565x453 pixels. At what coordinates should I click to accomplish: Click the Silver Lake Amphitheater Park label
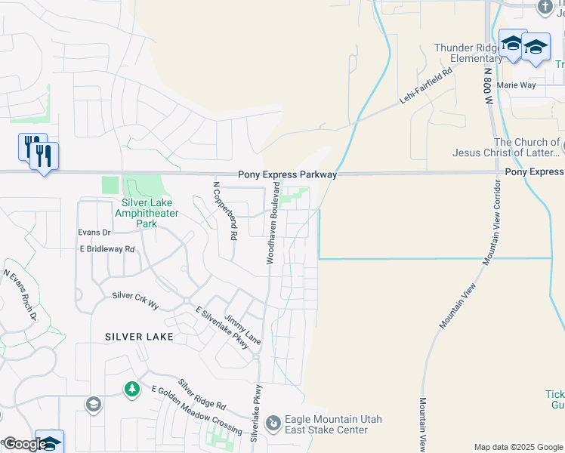(x=147, y=213)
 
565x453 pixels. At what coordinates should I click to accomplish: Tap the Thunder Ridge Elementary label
(x=467, y=53)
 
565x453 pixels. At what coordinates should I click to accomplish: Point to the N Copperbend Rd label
(x=224, y=211)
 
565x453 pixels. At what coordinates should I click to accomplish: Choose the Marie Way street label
(x=517, y=85)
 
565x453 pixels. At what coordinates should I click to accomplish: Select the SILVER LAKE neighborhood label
(x=139, y=336)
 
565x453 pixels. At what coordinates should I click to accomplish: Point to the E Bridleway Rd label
(x=107, y=248)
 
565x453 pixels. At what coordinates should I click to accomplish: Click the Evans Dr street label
(x=94, y=233)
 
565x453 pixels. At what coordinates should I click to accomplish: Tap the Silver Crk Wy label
(x=135, y=300)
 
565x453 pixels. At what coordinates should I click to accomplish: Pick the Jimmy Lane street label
(x=242, y=331)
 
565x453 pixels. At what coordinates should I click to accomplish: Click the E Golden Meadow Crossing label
(x=196, y=411)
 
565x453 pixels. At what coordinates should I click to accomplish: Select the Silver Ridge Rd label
(x=202, y=394)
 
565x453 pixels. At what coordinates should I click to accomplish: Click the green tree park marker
(x=132, y=390)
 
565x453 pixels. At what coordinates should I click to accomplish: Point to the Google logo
(x=23, y=444)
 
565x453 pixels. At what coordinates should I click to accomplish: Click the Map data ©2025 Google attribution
(x=517, y=447)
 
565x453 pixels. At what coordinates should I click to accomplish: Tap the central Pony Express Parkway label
(x=287, y=174)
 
